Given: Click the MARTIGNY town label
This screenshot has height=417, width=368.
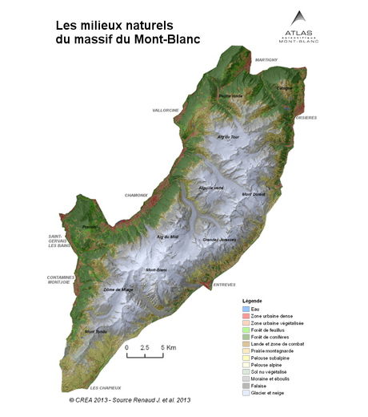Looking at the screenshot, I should pyautogui.click(x=266, y=60).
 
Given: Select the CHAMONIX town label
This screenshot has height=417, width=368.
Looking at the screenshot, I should pyautogui.click(x=137, y=195).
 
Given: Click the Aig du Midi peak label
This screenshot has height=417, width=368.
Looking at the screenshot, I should pyautogui.click(x=167, y=237).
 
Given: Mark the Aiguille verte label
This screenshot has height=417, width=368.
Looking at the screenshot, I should pyautogui.click(x=211, y=187).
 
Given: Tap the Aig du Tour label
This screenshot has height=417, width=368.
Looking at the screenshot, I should pyautogui.click(x=228, y=137).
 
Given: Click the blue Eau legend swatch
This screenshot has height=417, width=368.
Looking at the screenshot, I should pyautogui.click(x=246, y=308).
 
